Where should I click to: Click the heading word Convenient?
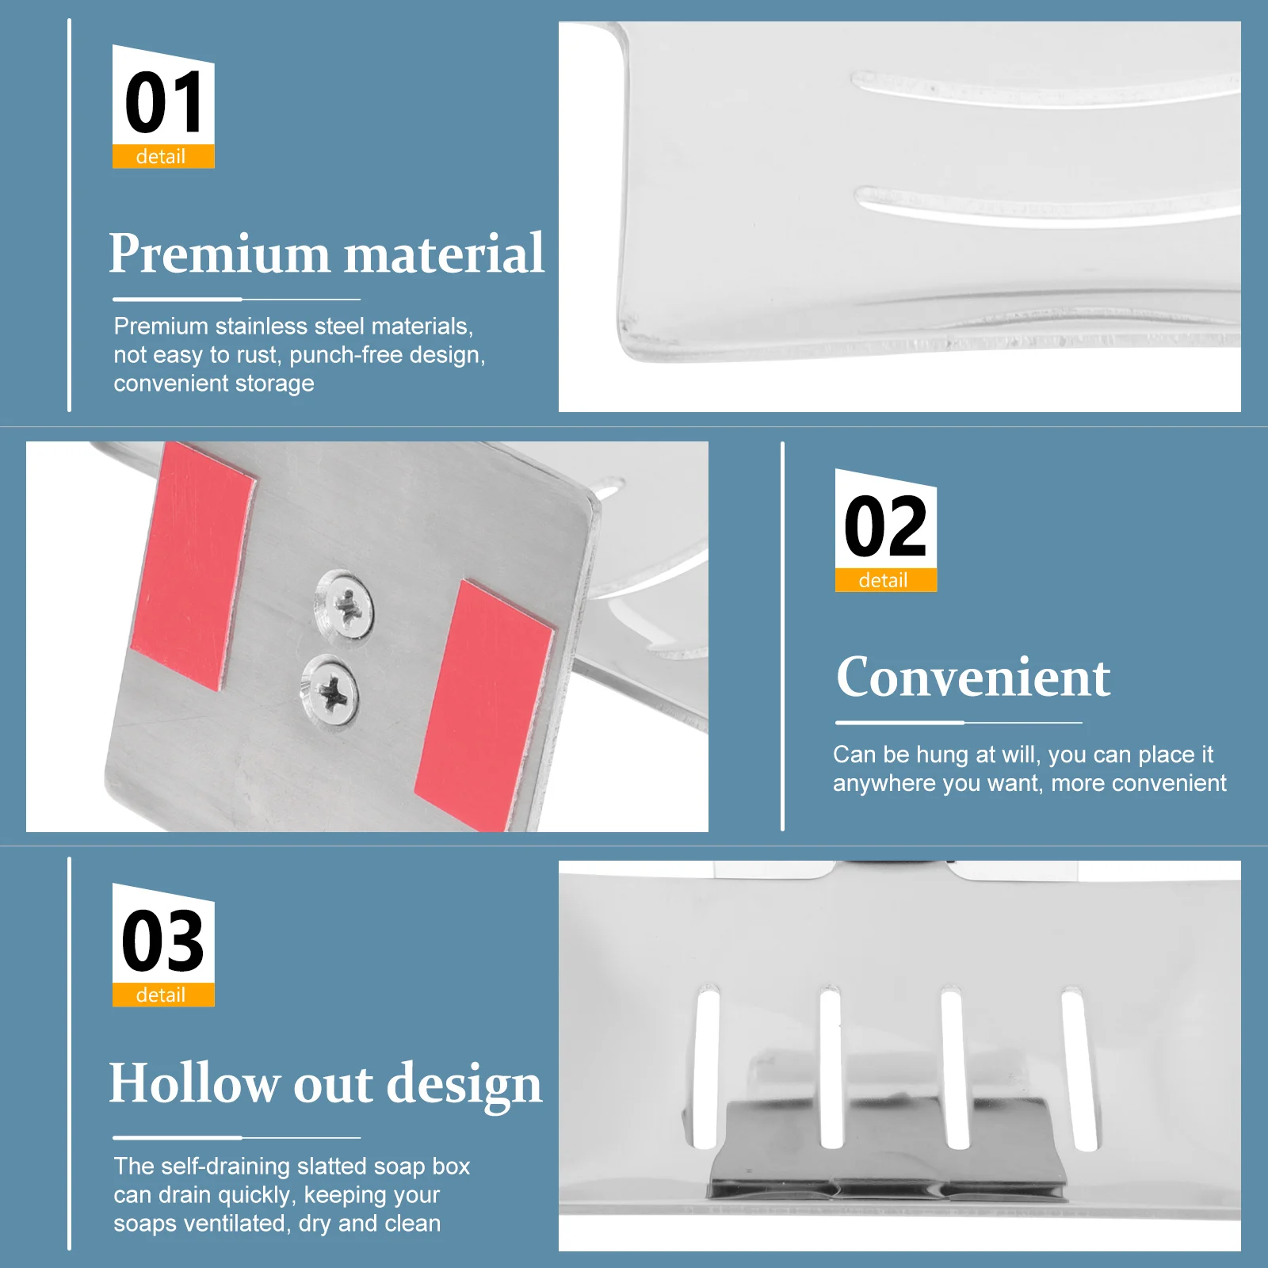pyautogui.click(x=973, y=678)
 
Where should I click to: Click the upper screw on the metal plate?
pyautogui.click(x=346, y=606)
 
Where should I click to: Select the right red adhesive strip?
pyautogui.click(x=483, y=705)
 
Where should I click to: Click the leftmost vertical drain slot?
pyautogui.click(x=705, y=1066)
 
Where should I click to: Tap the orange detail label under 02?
pyautogui.click(x=885, y=580)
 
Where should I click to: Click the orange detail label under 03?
pyautogui.click(x=163, y=995)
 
